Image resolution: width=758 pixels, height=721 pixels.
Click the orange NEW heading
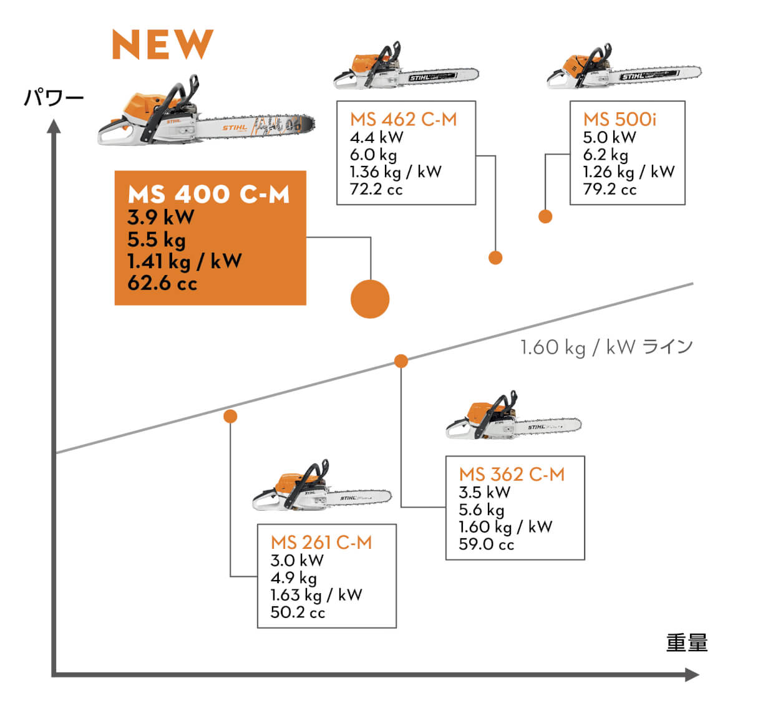162,45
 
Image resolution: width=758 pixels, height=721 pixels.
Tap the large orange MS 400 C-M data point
370,299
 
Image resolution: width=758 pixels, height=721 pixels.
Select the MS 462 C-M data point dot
495,258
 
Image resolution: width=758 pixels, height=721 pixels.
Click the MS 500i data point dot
545,216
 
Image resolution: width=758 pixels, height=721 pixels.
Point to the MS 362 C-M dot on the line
401,361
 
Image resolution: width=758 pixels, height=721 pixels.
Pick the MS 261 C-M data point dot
230,416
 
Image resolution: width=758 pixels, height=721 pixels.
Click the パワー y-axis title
54,98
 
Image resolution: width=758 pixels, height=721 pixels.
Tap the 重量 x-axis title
687,642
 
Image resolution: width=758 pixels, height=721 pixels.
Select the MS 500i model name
620,119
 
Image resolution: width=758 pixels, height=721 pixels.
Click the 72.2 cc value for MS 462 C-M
376,189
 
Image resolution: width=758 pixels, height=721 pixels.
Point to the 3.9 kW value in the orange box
161,217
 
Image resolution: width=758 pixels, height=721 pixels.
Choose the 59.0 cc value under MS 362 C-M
486,544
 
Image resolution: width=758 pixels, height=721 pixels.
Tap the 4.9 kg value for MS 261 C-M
293,578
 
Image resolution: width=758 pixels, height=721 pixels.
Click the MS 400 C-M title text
209,195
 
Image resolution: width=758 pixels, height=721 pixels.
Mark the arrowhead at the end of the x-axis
691,674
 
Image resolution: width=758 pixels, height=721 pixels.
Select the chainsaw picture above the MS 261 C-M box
321,486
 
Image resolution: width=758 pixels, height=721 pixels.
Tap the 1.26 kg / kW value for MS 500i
629,172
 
